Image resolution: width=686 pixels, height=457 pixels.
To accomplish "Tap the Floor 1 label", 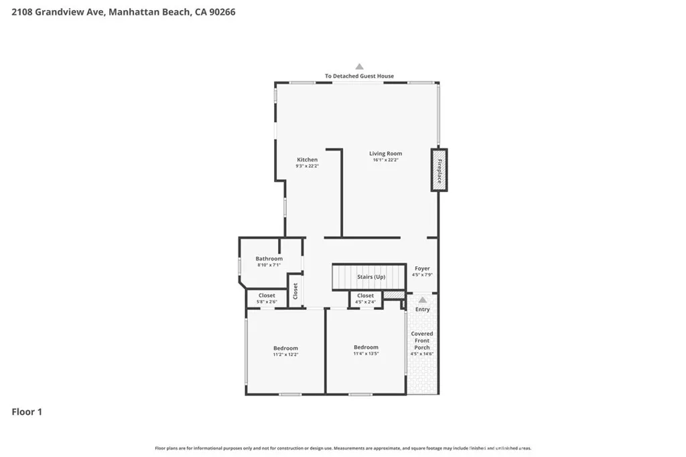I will pyautogui.click(x=27, y=412).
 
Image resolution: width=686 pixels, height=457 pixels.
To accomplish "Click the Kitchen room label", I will pyautogui.click(x=307, y=159).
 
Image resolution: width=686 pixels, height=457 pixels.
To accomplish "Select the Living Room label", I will pyautogui.click(x=385, y=153).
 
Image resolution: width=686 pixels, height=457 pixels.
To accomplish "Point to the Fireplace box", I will pyautogui.click(x=439, y=170).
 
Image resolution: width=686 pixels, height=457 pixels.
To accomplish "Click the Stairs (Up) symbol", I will pyautogui.click(x=369, y=276).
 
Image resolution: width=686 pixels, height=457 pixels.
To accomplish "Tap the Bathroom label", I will pyautogui.click(x=269, y=258).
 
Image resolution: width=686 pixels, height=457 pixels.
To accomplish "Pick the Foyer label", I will pyautogui.click(x=422, y=268).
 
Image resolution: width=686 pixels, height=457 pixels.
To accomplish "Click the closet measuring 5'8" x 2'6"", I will pyautogui.click(x=267, y=298).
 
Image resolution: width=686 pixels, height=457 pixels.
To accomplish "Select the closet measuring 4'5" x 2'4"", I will pyautogui.click(x=365, y=298).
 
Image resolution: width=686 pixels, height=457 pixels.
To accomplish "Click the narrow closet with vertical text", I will pyautogui.click(x=295, y=291).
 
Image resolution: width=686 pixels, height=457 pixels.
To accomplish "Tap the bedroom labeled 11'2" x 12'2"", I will pyautogui.click(x=285, y=351).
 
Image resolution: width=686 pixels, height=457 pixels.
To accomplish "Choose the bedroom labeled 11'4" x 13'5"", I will pyautogui.click(x=366, y=350).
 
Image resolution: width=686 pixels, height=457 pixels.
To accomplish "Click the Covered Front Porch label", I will pyautogui.click(x=422, y=341).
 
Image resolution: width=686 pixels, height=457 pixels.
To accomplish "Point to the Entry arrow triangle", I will pyautogui.click(x=422, y=300).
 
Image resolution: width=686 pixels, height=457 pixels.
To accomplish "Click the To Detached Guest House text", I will pyautogui.click(x=359, y=76).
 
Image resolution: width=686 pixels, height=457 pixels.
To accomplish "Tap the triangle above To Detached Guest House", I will pyautogui.click(x=359, y=66).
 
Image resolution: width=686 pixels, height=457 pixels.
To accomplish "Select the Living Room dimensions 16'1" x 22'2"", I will pyautogui.click(x=385, y=160).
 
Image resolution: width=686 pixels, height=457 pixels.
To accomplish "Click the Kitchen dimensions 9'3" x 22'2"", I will pyautogui.click(x=307, y=166).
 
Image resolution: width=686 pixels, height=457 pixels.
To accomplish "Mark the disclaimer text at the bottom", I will pyautogui.click(x=343, y=448).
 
